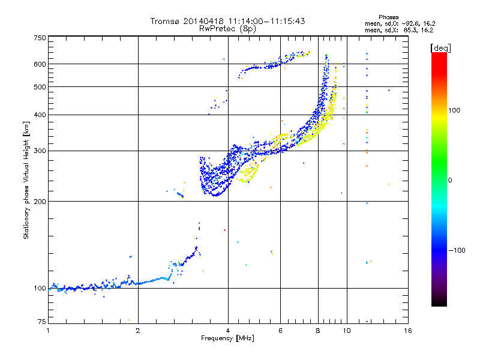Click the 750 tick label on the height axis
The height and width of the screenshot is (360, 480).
pos(40,38)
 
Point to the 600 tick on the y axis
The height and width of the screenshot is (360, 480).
pos(40,64)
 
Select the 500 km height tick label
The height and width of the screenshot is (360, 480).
pos(40,87)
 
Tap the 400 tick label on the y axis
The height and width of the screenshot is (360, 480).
pos(40,115)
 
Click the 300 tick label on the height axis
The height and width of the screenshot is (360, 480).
pos(40,151)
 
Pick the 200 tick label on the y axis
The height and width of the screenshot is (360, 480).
pos(40,201)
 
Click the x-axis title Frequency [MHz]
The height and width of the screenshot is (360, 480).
pos(227,339)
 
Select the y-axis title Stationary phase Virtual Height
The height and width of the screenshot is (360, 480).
pos(26,180)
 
